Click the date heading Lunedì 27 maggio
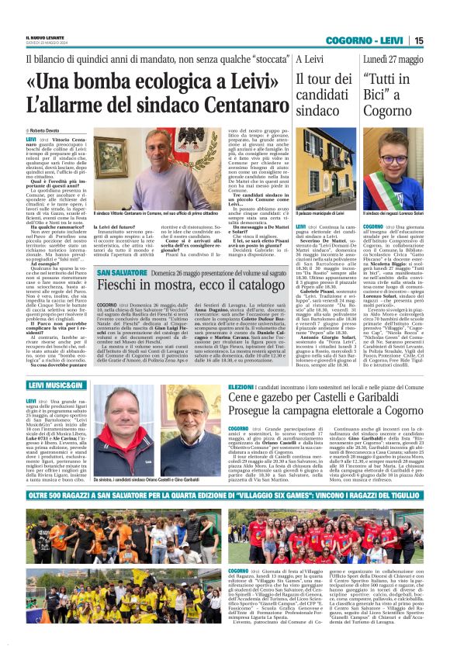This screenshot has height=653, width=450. (393, 59)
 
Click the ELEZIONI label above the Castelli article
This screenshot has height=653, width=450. (241, 385)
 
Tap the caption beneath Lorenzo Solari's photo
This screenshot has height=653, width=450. (393, 212)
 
